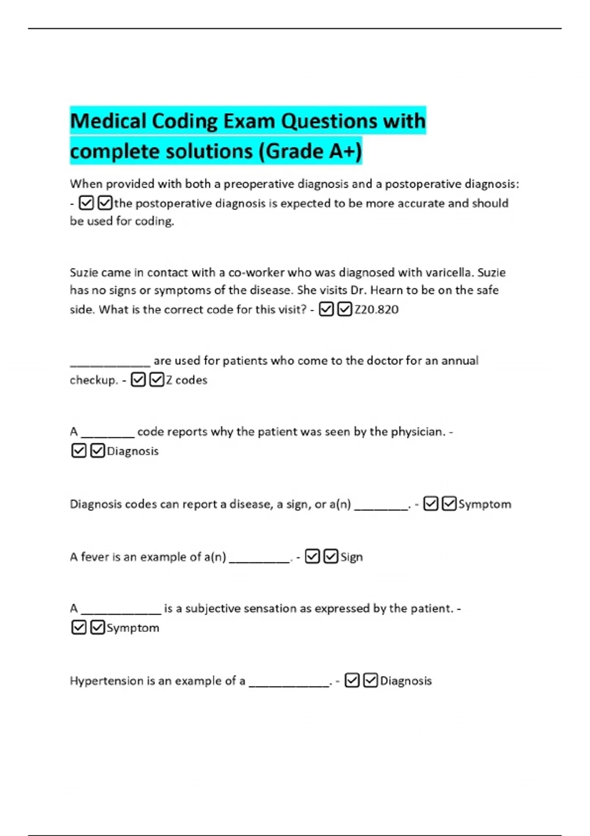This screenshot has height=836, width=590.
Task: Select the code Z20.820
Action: pyautogui.click(x=377, y=309)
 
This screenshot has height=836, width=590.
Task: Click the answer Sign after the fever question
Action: pyautogui.click(x=352, y=557)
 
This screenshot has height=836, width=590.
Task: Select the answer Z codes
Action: pyautogui.click(x=186, y=380)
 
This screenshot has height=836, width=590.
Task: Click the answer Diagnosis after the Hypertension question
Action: pyautogui.click(x=406, y=681)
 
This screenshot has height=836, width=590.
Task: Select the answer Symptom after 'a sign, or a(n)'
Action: pyautogui.click(x=485, y=504)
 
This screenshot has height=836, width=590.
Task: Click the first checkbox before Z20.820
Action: pyautogui.click(x=326, y=309)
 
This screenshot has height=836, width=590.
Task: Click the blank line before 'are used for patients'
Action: pyautogui.click(x=110, y=364)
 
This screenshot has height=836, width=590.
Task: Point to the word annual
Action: pyautogui.click(x=459, y=360)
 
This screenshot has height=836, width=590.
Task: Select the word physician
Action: pyautogui.click(x=417, y=431)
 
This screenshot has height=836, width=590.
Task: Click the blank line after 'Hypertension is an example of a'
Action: pyautogui.click(x=289, y=684)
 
